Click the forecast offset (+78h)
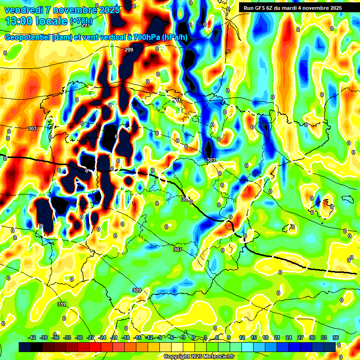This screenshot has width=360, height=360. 81,21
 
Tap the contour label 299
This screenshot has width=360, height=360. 129,50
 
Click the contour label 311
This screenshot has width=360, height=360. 61,304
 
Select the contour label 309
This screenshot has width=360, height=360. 136,290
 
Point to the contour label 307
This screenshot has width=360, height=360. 177,249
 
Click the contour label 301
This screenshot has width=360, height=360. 176,100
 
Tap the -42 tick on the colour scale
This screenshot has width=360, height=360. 32,337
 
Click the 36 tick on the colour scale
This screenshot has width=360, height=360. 336,337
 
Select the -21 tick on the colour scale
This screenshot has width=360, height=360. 114,337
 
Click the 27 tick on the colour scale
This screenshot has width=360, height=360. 300,337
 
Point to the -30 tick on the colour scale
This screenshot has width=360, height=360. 79,337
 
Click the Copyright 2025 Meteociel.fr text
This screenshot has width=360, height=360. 199,356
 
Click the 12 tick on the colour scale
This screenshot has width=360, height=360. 242,337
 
